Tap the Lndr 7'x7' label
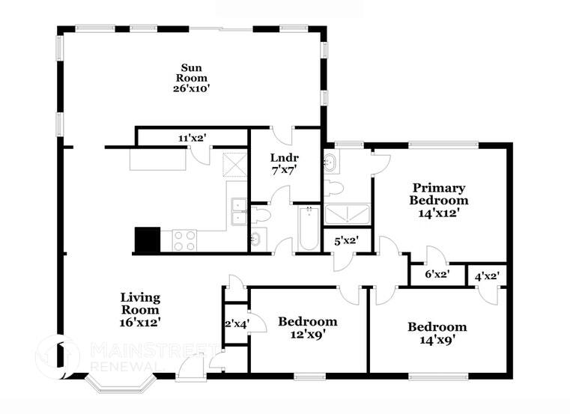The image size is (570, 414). tap(285, 164)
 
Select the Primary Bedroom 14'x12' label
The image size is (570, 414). tap(438, 200)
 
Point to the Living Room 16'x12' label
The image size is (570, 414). tap(140, 309)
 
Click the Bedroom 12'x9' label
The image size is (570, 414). tap(307, 327)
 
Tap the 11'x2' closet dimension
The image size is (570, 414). tap(192, 138)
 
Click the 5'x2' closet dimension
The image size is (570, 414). tap(345, 240)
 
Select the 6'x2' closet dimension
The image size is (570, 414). tap(436, 274)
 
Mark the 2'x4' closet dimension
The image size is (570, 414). tap(237, 323)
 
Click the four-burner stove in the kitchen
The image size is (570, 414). tap(184, 240)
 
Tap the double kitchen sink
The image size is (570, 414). tap(238, 210)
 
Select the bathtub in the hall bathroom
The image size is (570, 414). tap(307, 228)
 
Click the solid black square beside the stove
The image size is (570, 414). tap(147, 240)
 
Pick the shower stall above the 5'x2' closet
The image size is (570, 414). tap(348, 214)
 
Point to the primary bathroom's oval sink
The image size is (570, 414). tap(330, 161)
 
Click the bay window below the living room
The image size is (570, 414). tap(120, 387)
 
